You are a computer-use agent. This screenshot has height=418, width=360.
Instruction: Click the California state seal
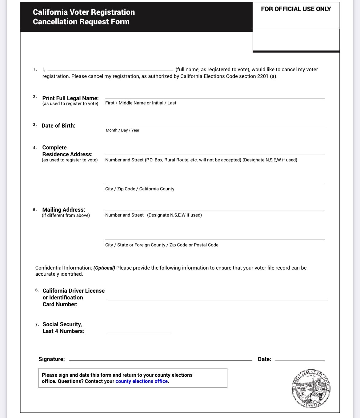pos(311,389)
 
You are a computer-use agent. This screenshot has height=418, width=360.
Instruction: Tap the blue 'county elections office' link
pos(142,381)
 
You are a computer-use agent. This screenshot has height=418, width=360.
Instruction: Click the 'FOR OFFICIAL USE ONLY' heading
pos(296,9)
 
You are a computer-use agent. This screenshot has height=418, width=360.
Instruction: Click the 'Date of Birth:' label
pos(58,126)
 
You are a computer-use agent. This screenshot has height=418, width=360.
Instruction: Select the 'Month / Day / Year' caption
pos(122,130)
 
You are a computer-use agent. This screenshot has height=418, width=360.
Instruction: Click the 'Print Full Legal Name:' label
pos(70,98)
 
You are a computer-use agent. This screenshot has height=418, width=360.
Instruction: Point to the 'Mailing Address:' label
pos(64,210)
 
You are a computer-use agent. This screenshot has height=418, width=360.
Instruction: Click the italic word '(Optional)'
pos(104,268)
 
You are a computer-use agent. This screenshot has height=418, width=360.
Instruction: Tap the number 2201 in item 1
pos(263,76)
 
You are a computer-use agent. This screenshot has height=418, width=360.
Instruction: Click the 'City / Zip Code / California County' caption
pos(140,189)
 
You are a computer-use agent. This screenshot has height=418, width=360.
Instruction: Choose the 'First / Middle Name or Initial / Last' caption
pos(141,103)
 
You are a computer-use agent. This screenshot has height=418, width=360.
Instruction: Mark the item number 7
pos(37,324)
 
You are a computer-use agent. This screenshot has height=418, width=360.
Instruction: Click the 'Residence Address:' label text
pos(67,154)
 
